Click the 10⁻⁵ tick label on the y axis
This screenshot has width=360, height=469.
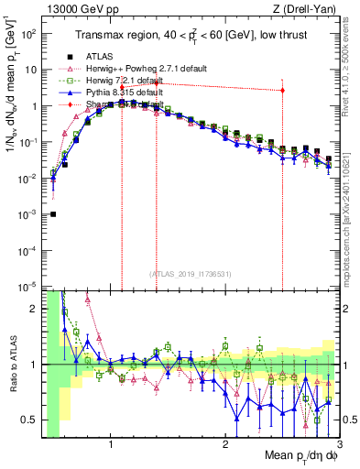(x=30, y=286)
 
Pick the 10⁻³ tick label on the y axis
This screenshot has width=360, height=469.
(x=30, y=214)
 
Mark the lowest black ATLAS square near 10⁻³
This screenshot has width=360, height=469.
(x=52, y=214)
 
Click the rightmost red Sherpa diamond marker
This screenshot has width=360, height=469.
(x=282, y=90)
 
